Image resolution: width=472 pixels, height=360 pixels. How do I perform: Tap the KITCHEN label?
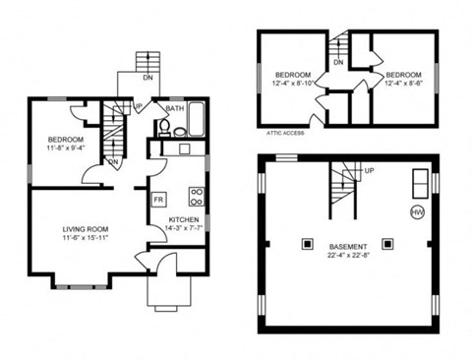[x=184, y=219]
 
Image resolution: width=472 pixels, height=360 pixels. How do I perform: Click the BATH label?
[x=174, y=109]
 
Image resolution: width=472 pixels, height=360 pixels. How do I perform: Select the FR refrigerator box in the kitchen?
[x=157, y=200]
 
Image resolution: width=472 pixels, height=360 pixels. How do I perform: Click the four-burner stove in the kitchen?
[x=196, y=194]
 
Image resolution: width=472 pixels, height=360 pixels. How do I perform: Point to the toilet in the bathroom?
[x=165, y=127]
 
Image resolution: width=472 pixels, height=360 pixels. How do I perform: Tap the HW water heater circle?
[x=417, y=211]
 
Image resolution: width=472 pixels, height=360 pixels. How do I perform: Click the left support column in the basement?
[x=307, y=241]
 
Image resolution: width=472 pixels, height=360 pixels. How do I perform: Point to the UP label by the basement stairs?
[x=369, y=170]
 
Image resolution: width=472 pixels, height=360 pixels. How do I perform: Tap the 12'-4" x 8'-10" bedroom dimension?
[x=294, y=84]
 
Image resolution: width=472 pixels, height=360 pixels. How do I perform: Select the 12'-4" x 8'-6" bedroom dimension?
[x=403, y=84]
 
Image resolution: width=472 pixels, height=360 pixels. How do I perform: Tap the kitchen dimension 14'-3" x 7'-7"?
[x=184, y=228]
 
